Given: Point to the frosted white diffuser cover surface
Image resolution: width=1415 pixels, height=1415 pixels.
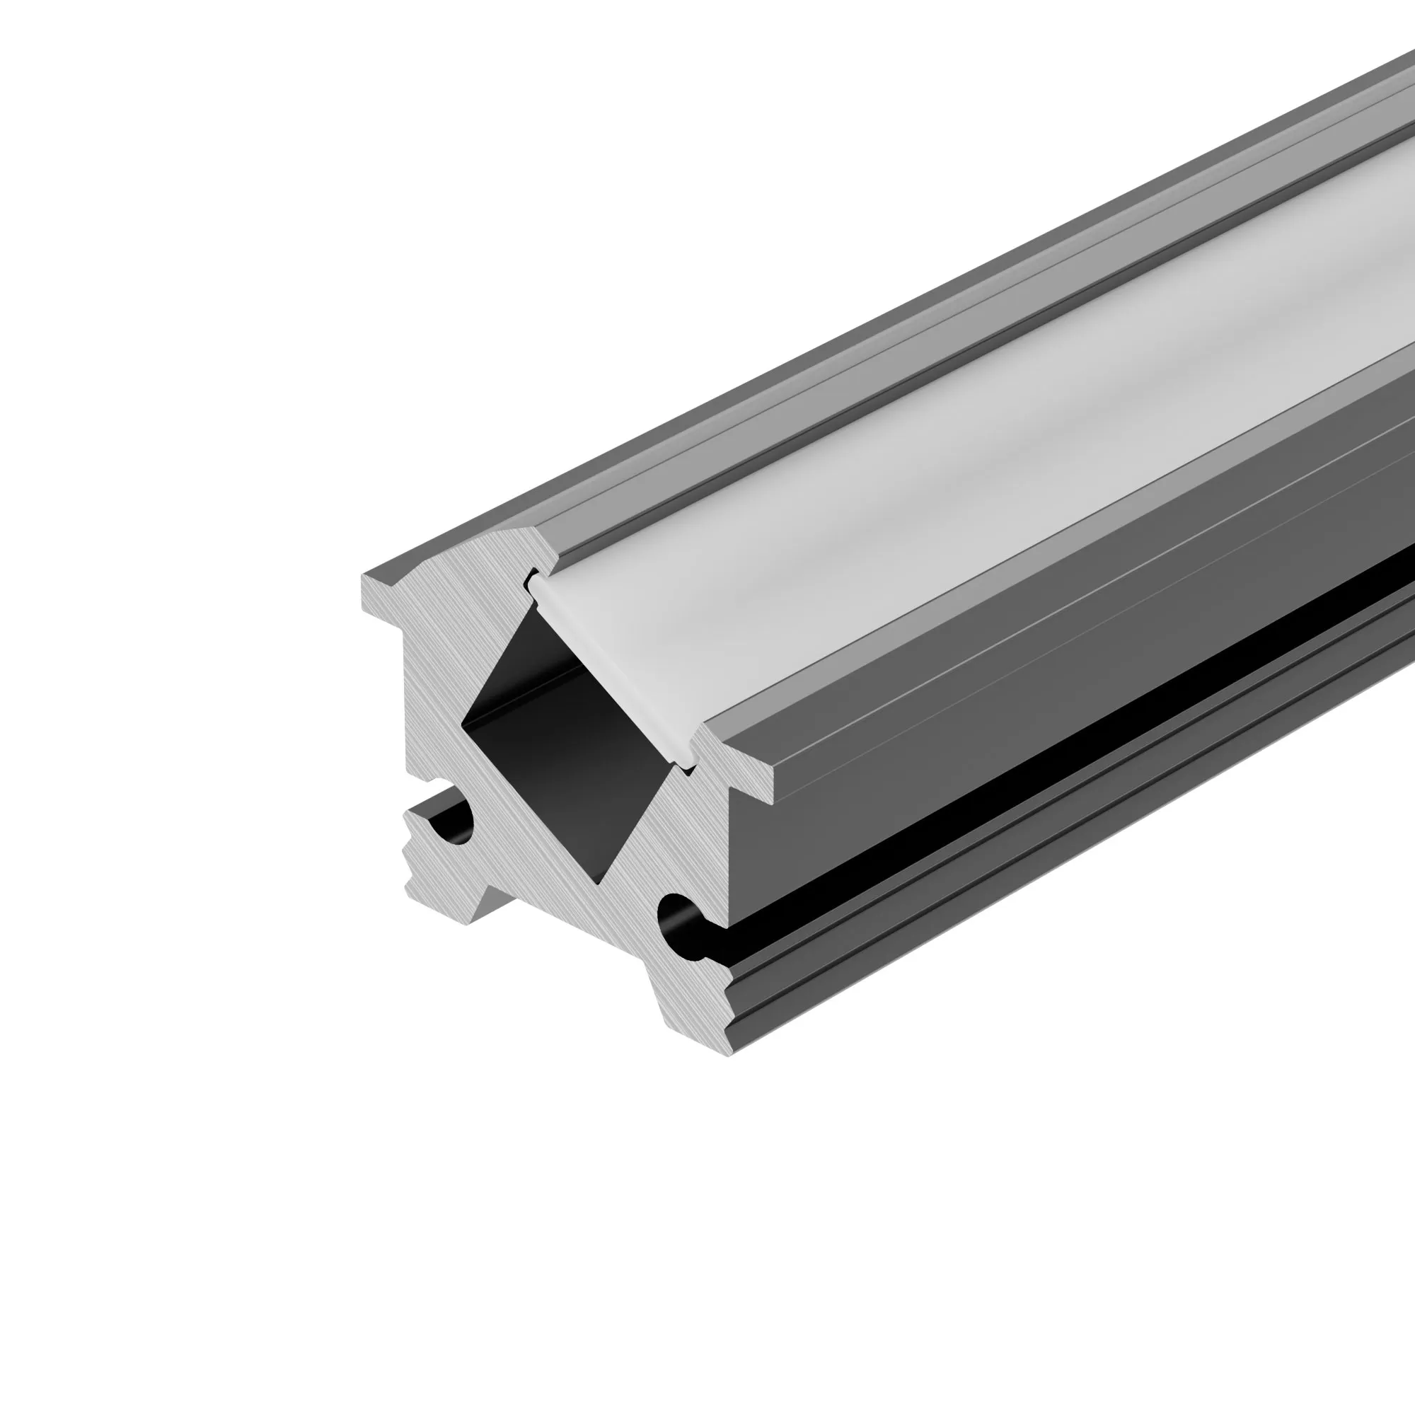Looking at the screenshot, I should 952,469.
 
